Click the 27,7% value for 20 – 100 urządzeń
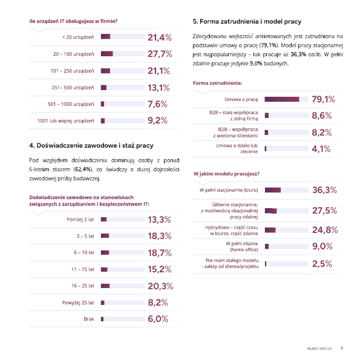pos(160,54)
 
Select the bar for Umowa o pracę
pos(286,99)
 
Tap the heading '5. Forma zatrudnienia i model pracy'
pos(247,21)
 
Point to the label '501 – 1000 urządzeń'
pos(71,104)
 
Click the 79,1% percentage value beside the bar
pos(323,99)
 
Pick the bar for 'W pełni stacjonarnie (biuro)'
pos(287,190)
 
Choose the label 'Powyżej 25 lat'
pos(78,303)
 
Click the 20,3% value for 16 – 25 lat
pos(160,286)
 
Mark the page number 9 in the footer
pos(342,348)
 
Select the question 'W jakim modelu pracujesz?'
pos(226,174)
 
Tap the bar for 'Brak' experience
pos(123,319)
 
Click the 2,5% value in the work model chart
pos(322,264)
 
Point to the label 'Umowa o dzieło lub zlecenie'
pos(237,148)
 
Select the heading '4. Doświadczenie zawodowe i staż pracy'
pos(91,146)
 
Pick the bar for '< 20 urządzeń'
pos(123,36)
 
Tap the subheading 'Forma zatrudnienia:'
pos(217,83)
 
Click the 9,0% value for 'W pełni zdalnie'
pos(322,246)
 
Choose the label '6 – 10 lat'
pos(84,252)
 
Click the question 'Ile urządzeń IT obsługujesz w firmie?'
pos(73,21)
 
